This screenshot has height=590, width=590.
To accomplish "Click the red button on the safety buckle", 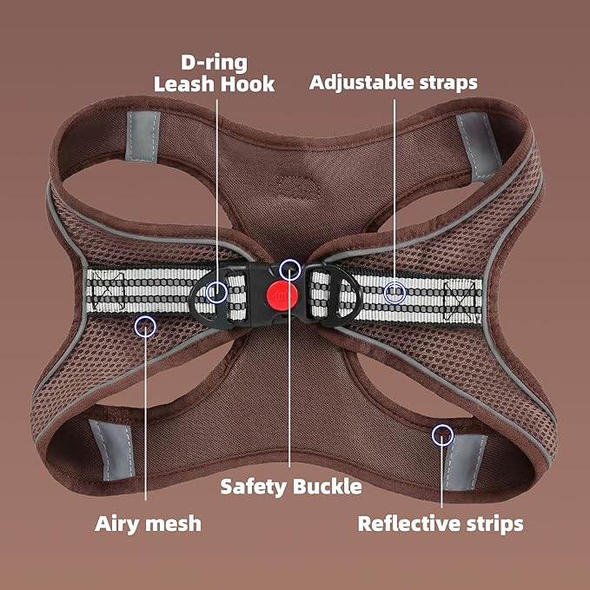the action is pos(282,295).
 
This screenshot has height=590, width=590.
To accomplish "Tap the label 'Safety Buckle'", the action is pos(291,487).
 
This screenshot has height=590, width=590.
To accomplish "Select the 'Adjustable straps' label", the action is pos(394,83).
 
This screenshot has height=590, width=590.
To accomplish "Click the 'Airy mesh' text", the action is pos(148,524).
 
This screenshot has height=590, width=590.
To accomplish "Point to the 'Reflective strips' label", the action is pos(441,524).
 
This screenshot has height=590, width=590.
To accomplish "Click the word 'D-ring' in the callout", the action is pos(214,63).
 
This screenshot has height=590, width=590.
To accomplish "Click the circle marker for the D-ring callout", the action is pos(216,292).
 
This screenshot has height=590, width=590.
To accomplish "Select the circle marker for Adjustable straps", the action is pos(394,292).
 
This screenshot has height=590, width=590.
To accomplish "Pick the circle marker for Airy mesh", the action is pos(145,326).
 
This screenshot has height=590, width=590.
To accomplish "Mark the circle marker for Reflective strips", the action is pos(442,435).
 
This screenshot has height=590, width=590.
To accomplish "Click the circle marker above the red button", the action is pos(289,269).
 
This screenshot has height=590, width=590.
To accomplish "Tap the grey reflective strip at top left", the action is pos(143,136).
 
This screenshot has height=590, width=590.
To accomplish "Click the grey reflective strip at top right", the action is pos(479,146).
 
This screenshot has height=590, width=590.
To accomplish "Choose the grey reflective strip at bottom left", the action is pos(112,450).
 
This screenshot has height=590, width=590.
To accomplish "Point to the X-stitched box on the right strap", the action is pos(460,302).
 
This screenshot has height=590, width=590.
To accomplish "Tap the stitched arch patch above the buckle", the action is pos(298,186).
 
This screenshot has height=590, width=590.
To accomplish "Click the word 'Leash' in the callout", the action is pos(184,84).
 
